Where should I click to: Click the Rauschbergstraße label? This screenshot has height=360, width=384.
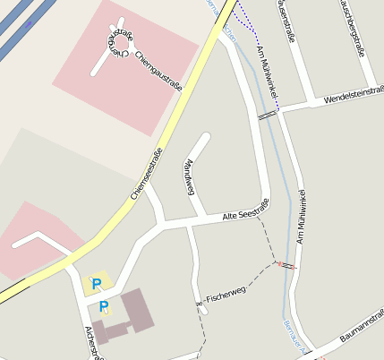(x=350, y=27)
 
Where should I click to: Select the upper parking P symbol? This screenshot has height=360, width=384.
(x=97, y=284)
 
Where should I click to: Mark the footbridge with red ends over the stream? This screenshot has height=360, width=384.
(x=286, y=265)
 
